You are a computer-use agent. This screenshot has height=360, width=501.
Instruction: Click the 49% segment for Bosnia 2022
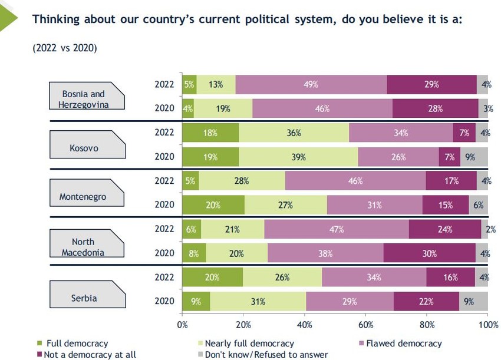click(x=311, y=84)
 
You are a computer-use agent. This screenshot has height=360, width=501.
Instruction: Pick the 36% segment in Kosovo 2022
click(x=294, y=133)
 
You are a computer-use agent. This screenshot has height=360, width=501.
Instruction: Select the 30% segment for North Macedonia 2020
click(x=429, y=253)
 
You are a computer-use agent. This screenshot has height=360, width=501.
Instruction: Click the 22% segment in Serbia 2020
click(x=426, y=302)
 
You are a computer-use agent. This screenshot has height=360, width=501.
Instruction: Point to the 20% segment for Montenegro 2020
click(x=213, y=205)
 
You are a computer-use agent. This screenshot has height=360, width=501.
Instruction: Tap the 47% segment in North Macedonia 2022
click(x=336, y=229)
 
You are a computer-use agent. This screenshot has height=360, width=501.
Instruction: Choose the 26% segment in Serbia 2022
click(x=282, y=278)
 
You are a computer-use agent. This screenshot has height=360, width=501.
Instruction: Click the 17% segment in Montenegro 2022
click(x=451, y=181)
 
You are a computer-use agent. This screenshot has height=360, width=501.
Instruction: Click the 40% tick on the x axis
click(x=305, y=325)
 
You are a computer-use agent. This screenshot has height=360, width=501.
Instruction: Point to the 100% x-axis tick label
click(x=487, y=325)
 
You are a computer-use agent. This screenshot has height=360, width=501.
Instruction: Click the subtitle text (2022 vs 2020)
click(x=64, y=48)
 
